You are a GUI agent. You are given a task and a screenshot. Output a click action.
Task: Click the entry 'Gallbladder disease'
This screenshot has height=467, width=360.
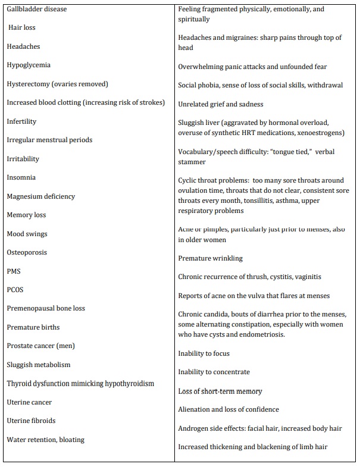(x=37, y=10)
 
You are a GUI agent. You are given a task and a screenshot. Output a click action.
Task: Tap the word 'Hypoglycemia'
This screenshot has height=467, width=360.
(x=29, y=65)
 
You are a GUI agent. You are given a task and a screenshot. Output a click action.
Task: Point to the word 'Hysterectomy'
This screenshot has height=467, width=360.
(x=28, y=84)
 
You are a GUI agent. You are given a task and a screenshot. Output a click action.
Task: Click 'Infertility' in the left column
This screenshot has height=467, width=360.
(x=21, y=121)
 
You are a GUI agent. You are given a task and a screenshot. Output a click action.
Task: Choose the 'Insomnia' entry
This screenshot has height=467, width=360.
(x=21, y=177)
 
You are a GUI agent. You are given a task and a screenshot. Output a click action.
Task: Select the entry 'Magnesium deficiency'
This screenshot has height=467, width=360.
(x=41, y=196)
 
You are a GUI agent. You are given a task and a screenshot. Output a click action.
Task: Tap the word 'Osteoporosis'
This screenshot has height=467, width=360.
(x=27, y=252)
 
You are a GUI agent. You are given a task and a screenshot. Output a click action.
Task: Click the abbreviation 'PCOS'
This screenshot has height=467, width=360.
(x=15, y=290)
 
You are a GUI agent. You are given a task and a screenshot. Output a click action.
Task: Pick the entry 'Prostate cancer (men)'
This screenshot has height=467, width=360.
(x=41, y=346)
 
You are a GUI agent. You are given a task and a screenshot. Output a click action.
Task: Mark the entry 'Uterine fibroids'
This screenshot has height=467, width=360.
(x=32, y=421)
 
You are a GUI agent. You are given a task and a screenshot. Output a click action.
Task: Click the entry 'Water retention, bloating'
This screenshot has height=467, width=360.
(x=46, y=440)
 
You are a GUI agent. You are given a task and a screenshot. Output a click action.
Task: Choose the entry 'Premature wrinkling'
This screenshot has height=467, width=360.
(x=211, y=258)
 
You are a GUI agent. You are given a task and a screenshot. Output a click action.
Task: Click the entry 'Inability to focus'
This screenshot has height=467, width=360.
(x=204, y=353)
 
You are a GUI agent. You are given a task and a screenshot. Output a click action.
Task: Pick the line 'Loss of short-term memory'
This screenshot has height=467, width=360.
(x=220, y=391)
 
